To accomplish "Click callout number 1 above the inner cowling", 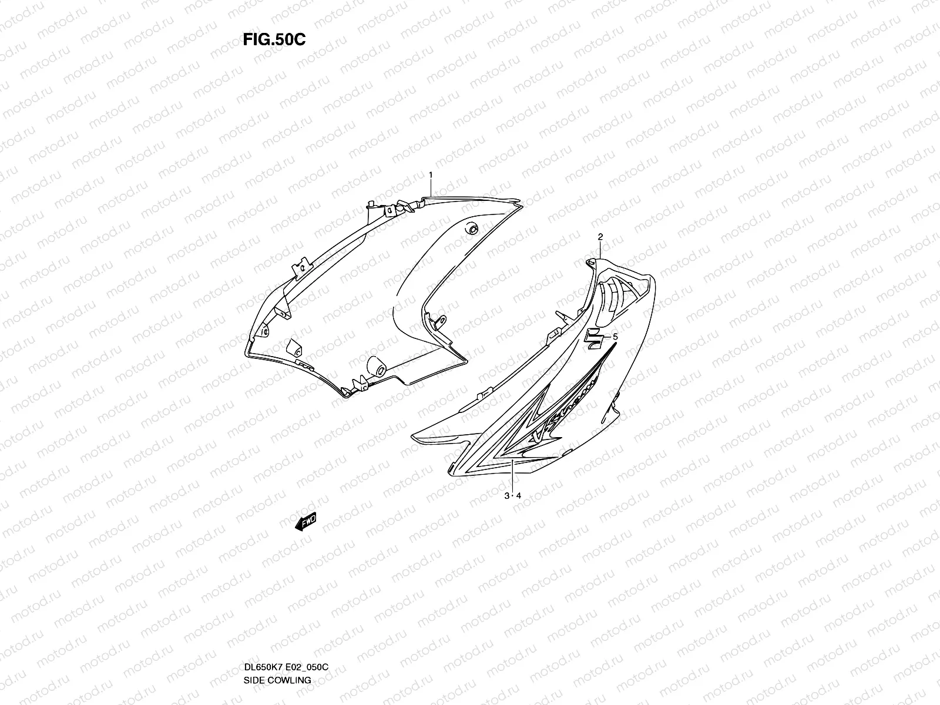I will pos(431,175).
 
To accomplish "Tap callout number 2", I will pos(600,237).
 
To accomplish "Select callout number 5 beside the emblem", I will pos(615,337).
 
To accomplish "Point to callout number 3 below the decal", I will pos(507,496).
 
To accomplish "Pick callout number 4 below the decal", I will pos(519,496).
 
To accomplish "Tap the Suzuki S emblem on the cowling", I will pos(595,340).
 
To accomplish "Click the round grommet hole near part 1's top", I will pos(471,230).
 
